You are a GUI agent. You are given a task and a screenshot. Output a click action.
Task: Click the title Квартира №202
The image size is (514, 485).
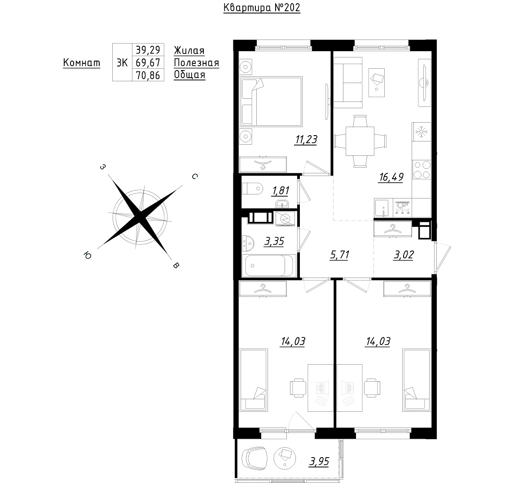pyautogui.click(x=262, y=8)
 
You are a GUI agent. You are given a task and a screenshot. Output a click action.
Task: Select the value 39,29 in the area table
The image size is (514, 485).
pyautogui.click(x=148, y=50)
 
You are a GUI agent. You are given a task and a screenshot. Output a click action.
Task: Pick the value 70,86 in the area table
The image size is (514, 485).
pyautogui.click(x=148, y=75)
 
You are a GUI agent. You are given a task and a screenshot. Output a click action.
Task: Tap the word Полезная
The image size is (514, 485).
pyautogui.click(x=196, y=62)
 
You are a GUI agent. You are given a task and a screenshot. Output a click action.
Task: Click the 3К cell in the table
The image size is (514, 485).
pyautogui.click(x=122, y=62)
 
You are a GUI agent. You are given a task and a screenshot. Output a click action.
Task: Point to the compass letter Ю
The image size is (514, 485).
pyautogui.click(x=88, y=255)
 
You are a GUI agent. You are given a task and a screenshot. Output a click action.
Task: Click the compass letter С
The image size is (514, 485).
pyautogui.click(x=194, y=176)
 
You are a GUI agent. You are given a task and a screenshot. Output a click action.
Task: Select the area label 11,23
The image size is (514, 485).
pyautogui.click(x=306, y=139)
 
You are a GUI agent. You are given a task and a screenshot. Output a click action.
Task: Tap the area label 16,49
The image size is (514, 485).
pyautogui.click(x=391, y=177)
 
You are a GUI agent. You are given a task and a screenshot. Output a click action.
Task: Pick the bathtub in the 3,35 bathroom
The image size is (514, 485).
pyautogui.click(x=269, y=265)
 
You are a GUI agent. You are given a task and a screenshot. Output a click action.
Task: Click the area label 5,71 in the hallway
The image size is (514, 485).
pyautogui.click(x=340, y=255)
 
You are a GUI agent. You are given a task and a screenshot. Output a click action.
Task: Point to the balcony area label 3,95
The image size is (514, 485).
pyautogui.click(x=319, y=462)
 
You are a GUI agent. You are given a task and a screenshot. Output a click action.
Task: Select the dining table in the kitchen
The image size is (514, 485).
pyautogui.click(x=360, y=141)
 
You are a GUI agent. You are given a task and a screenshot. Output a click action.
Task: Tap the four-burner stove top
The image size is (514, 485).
pyautogui.click(x=422, y=170)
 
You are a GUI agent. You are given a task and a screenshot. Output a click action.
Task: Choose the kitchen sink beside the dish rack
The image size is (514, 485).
pyautogui.click(x=383, y=208)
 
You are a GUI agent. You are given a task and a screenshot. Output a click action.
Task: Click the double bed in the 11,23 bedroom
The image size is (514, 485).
pyautogui.click(x=271, y=101)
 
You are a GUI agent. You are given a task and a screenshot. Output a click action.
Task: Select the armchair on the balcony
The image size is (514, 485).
pyautogui.click(x=254, y=458)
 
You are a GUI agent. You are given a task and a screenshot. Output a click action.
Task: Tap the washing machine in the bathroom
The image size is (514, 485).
pyautogui.click(x=285, y=219)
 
